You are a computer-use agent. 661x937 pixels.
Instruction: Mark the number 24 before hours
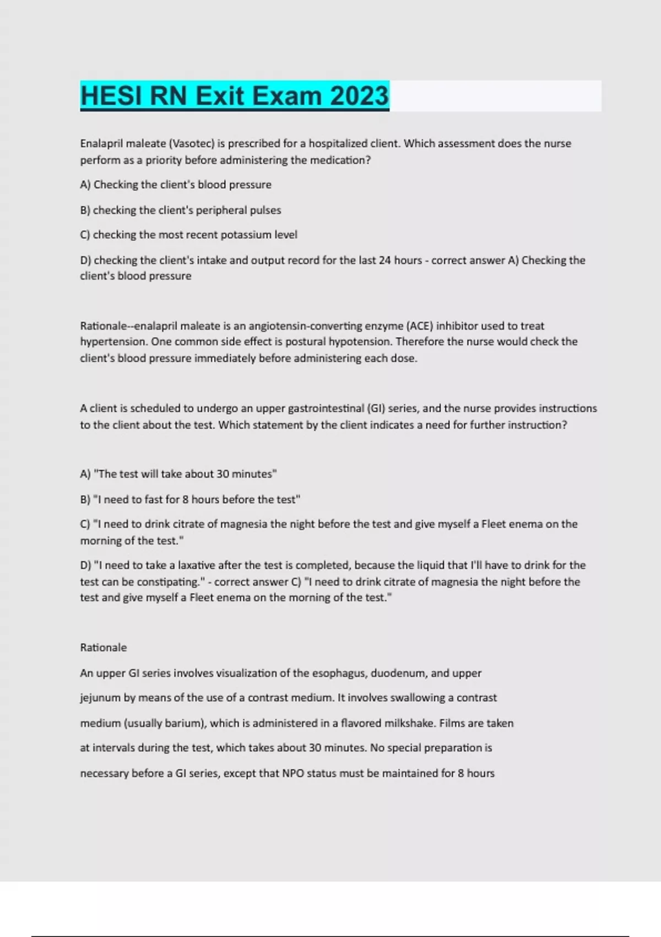point(384,260)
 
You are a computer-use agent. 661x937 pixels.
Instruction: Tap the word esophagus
point(338,673)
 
